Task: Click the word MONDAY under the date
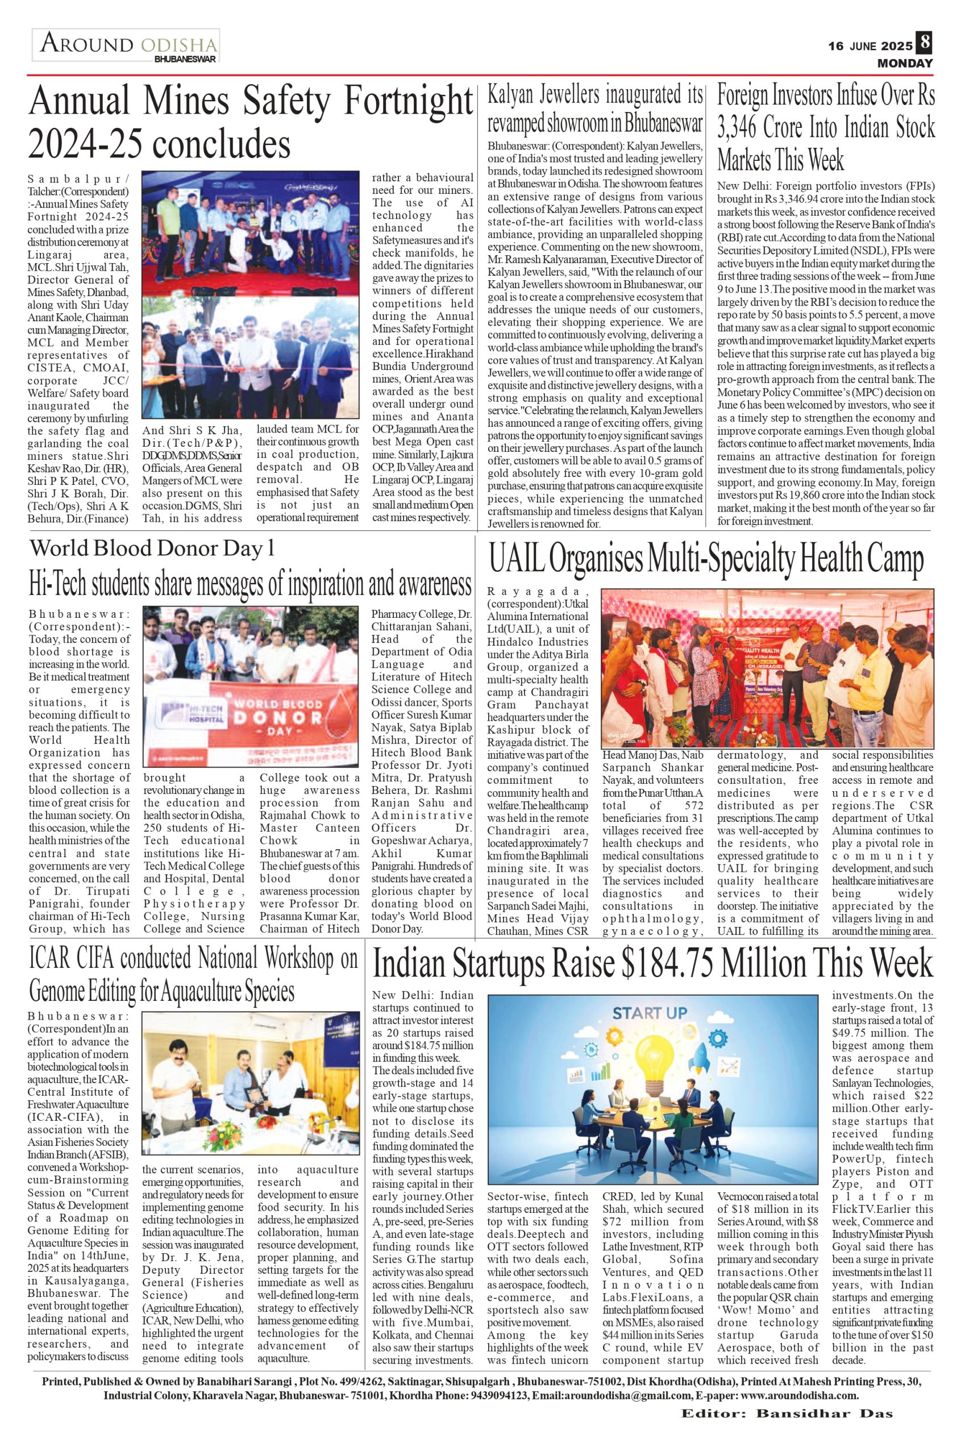905,63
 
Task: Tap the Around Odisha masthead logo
126,47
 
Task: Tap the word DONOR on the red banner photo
288,718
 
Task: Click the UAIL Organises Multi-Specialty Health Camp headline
706,560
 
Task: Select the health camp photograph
767,668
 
